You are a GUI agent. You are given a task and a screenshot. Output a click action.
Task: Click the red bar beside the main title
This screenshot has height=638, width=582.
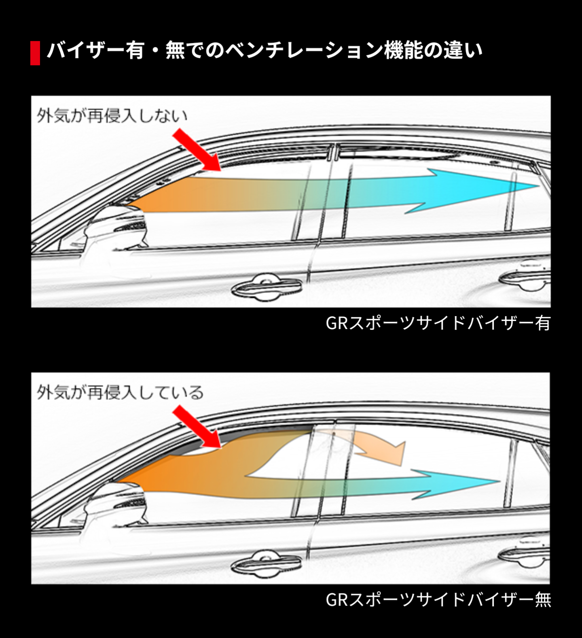click(35, 53)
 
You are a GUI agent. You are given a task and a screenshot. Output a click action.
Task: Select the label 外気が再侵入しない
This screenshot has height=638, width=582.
click(112, 116)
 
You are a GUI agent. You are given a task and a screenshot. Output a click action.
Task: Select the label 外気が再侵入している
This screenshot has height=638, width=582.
click(120, 392)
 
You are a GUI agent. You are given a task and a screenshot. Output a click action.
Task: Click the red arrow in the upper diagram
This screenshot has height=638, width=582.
click(197, 150)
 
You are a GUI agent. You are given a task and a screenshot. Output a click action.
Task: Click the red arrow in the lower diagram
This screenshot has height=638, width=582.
click(197, 427)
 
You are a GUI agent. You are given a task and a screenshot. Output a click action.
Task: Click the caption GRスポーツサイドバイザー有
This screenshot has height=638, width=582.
click(438, 323)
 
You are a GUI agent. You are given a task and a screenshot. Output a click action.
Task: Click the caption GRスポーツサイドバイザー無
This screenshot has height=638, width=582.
click(438, 600)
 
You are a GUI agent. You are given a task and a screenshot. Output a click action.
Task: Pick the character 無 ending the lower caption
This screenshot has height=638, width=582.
click(543, 600)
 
